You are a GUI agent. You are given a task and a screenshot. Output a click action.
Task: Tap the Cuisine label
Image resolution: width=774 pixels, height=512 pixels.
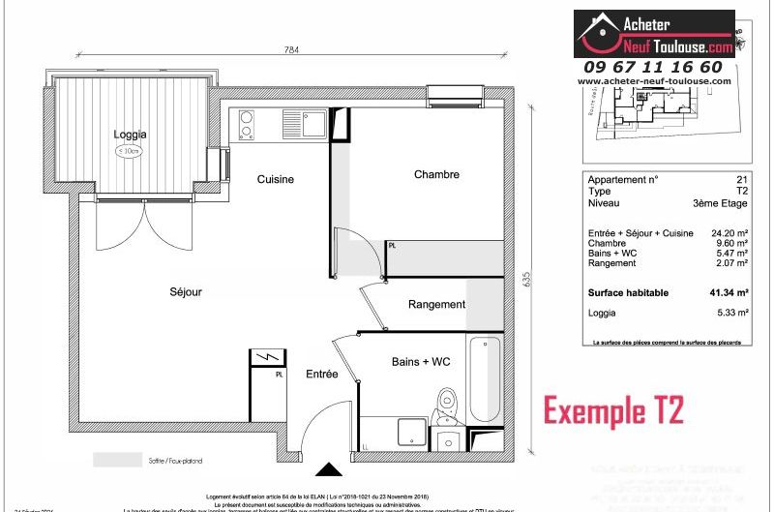276,179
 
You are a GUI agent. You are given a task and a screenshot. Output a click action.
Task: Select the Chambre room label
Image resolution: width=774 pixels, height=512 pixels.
436,174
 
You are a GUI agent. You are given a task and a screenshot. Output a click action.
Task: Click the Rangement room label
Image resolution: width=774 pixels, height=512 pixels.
436,304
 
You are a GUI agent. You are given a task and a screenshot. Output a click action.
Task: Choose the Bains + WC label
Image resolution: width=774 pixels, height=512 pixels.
421,361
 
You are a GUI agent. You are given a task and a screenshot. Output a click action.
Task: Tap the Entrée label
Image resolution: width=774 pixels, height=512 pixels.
322,374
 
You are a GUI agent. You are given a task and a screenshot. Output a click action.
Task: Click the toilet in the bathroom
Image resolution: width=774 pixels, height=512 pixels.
446,406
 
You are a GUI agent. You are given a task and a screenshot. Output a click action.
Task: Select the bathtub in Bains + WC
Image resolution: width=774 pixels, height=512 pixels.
485,377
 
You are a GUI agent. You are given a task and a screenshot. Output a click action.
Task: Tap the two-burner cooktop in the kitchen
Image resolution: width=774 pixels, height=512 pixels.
247,125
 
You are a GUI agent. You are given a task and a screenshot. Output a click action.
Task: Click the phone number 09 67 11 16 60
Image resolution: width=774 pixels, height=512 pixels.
653,67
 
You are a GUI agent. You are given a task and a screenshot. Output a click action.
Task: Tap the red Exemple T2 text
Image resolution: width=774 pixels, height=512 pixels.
613,410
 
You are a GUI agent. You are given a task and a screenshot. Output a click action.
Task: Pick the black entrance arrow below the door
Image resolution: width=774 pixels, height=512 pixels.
331,470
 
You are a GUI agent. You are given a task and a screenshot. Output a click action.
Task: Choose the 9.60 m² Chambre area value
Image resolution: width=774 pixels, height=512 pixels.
733,243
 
